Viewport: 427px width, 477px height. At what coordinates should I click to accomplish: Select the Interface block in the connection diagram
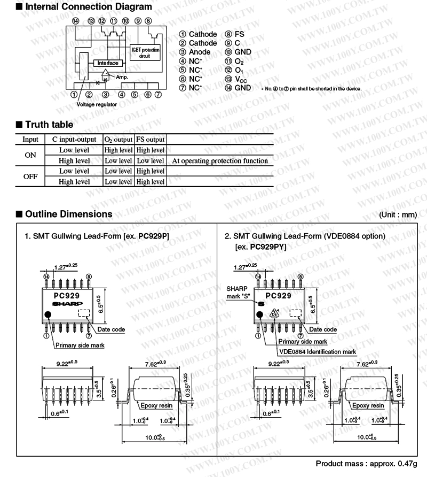tap(108, 63)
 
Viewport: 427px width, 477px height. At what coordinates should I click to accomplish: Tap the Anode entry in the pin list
tap(199, 52)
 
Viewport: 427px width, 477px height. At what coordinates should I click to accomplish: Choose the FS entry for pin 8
tap(239, 34)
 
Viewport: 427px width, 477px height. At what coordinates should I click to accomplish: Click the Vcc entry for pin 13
tap(242, 79)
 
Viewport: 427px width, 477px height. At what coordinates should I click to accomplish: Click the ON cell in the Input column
tap(30, 155)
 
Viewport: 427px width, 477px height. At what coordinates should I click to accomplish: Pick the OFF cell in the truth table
tap(30, 176)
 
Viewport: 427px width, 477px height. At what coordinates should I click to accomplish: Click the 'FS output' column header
tap(150, 139)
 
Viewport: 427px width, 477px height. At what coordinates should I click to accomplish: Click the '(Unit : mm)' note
tap(397, 215)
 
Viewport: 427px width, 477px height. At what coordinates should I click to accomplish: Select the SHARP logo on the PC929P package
tap(64, 303)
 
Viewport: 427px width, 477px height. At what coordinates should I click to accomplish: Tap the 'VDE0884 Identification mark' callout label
tap(318, 352)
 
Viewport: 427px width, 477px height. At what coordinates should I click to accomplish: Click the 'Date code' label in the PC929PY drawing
tap(323, 329)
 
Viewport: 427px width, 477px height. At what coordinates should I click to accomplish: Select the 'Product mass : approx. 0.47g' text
tap(366, 463)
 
